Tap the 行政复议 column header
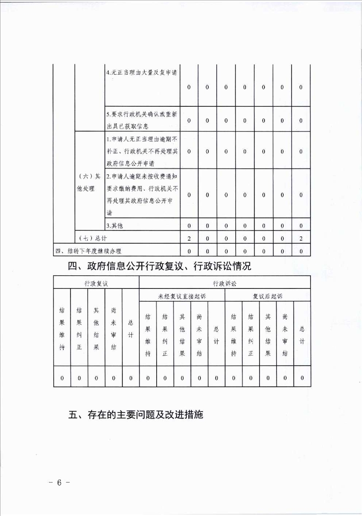(x=96, y=283)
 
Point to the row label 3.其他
(x=115, y=225)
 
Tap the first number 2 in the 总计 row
(x=189, y=239)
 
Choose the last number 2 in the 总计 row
(x=300, y=239)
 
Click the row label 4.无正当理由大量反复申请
(x=142, y=73)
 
